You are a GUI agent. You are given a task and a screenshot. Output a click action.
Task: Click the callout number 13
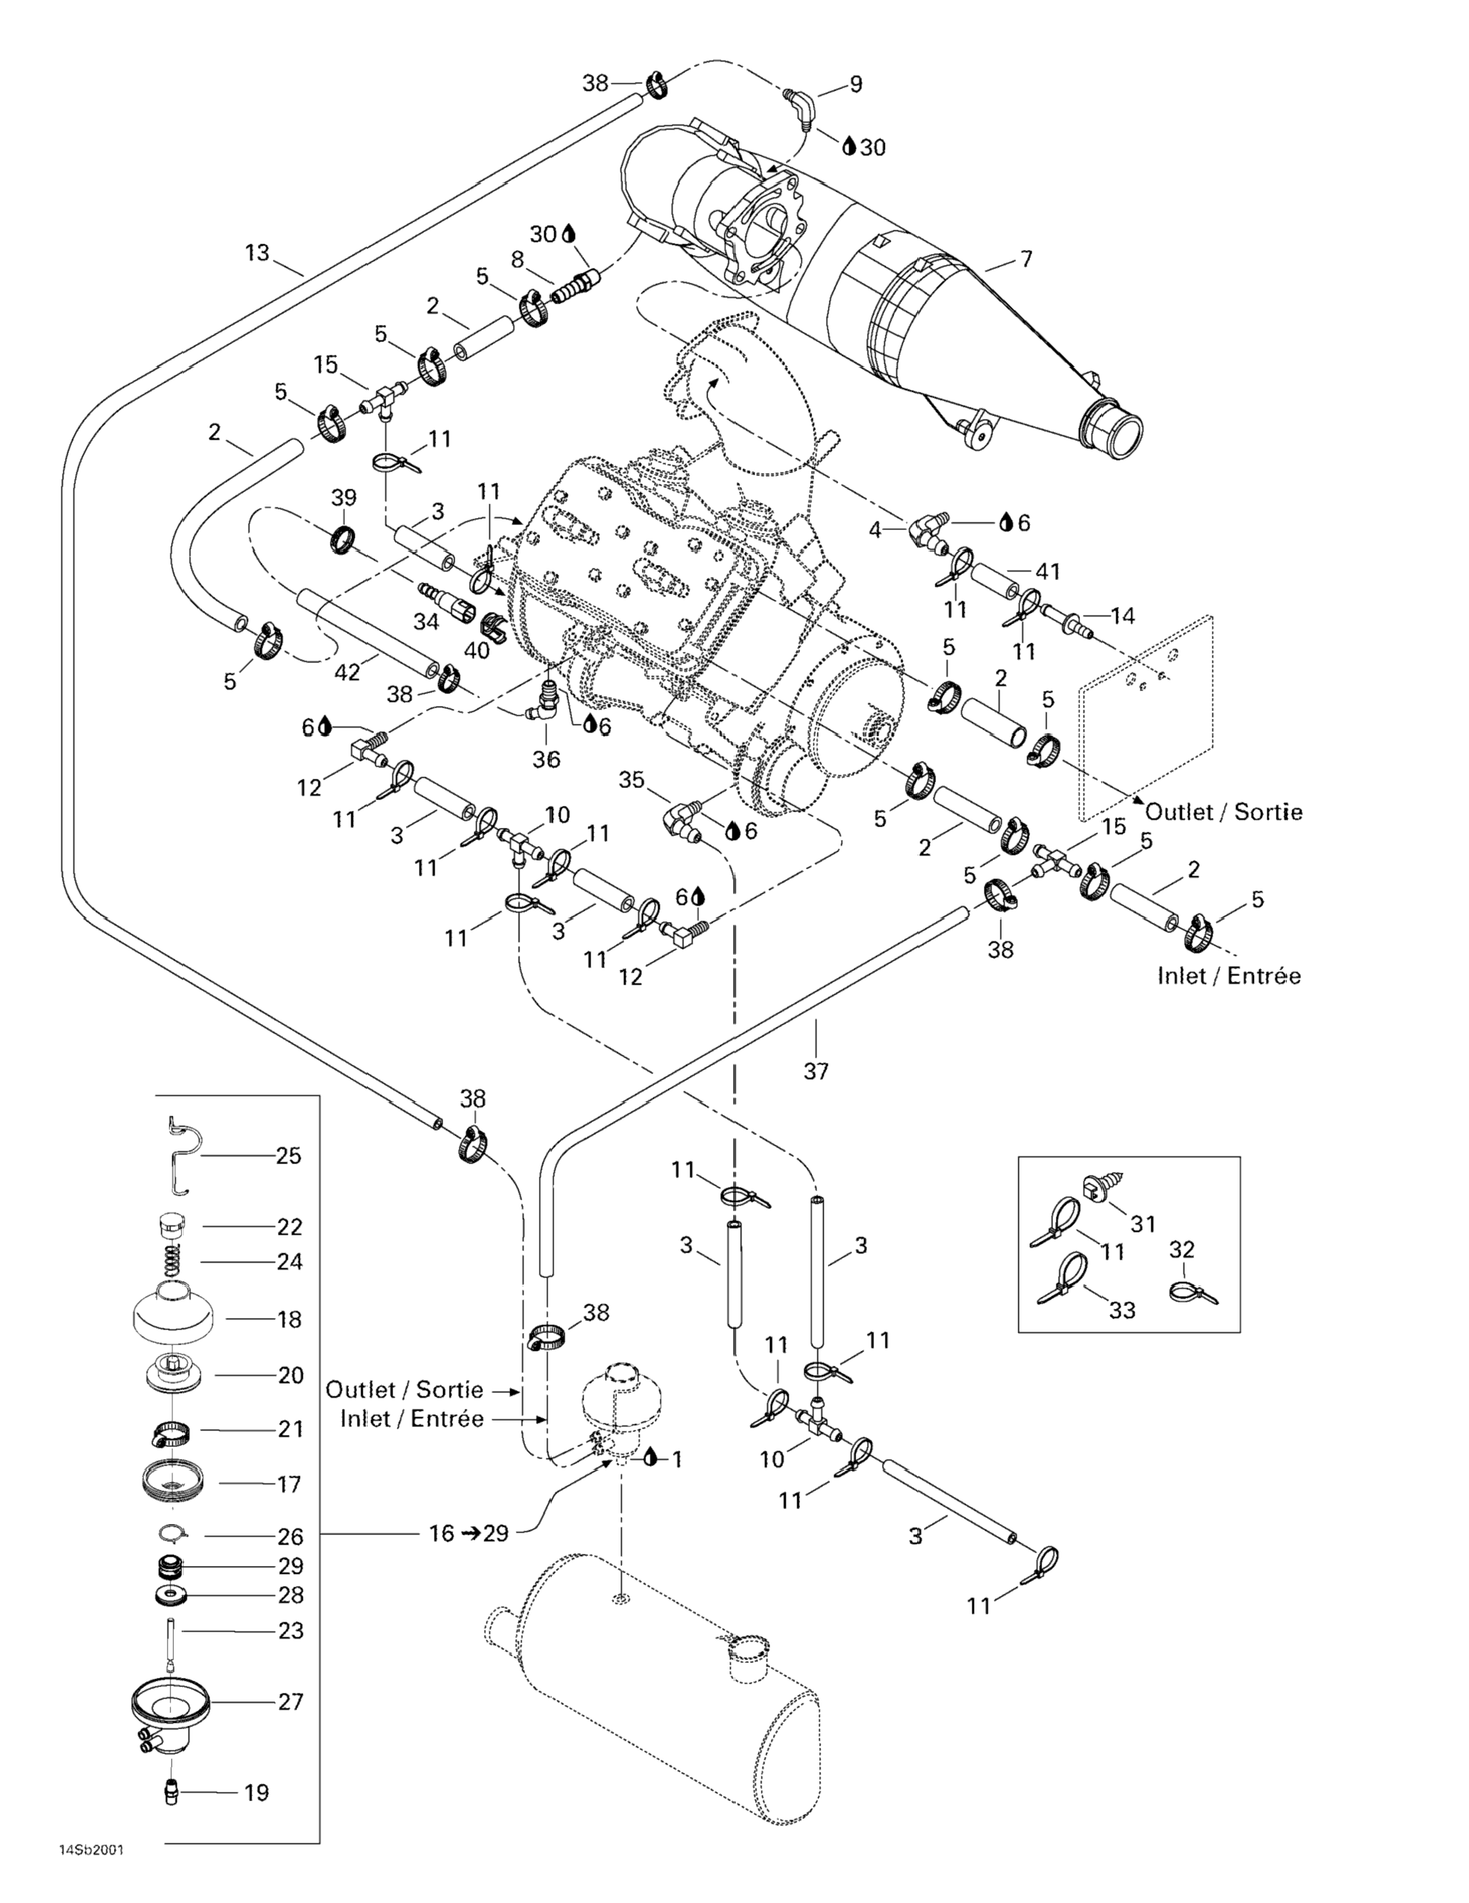[257, 253]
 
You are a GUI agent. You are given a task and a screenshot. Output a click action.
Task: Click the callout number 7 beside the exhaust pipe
[1027, 259]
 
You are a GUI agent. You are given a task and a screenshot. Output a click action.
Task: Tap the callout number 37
[816, 1071]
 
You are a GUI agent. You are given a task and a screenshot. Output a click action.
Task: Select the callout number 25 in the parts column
[289, 1156]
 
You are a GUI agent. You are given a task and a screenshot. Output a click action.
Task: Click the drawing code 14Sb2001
[90, 1868]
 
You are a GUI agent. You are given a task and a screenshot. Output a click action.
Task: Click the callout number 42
[347, 672]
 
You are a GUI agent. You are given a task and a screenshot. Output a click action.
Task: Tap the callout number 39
[344, 497]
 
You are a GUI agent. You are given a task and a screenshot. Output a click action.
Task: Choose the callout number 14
[1123, 616]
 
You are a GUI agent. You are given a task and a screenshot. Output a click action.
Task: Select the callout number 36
[546, 759]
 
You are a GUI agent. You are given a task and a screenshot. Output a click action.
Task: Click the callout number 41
[1047, 571]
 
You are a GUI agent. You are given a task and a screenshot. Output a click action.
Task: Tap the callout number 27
[291, 1701]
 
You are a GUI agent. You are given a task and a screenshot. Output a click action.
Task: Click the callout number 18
[289, 1319]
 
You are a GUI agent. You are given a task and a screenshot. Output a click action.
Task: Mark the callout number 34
[426, 621]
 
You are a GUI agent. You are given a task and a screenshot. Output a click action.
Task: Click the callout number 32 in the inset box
[1181, 1250]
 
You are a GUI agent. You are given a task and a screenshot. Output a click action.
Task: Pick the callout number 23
[291, 1630]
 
